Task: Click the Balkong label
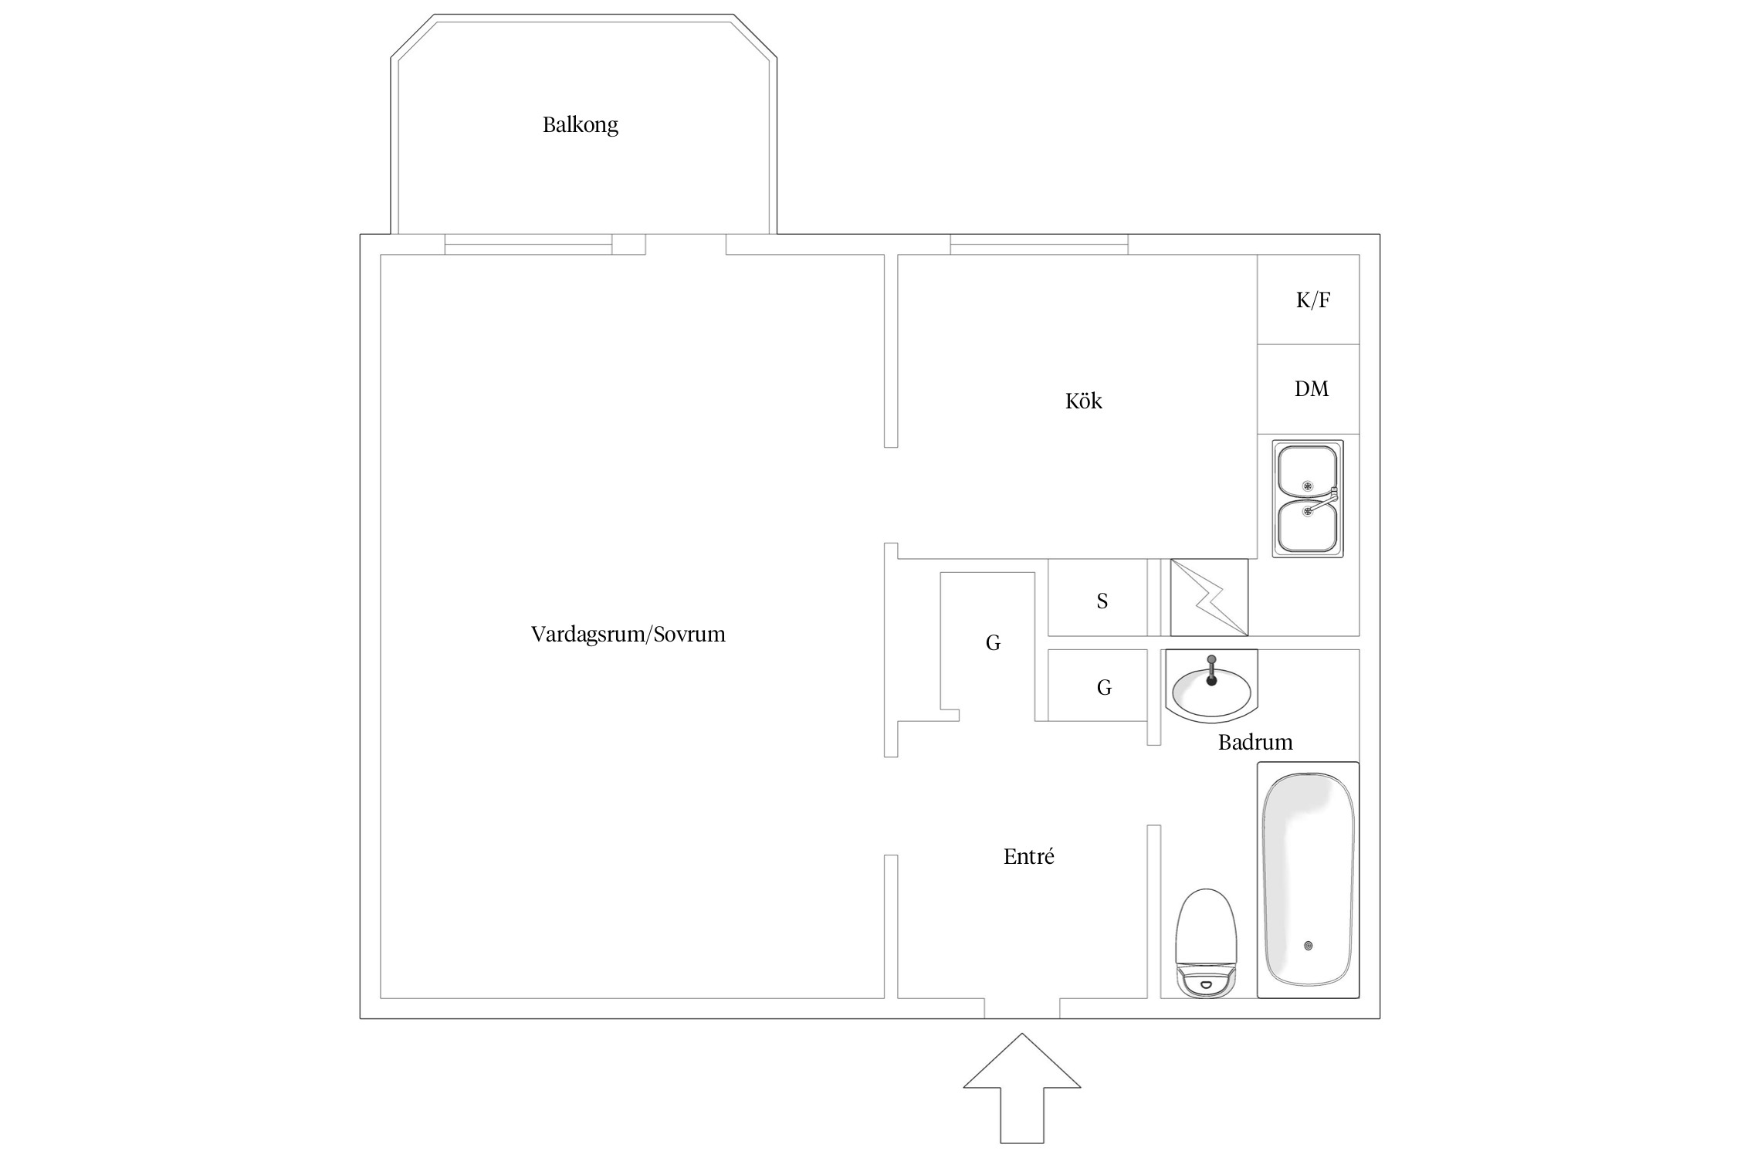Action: coord(581,125)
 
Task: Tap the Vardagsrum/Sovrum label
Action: coord(628,635)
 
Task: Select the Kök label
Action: coord(1084,401)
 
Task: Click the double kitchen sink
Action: coord(1308,499)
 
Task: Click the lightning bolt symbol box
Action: coord(1209,598)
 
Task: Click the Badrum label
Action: coord(1255,743)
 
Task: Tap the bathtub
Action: coord(1309,880)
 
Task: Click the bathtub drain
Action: coord(1308,946)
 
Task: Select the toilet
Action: coord(1206,943)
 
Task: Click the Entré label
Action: coord(1029,857)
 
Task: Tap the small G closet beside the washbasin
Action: coord(1098,686)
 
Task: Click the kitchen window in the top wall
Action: coord(1039,245)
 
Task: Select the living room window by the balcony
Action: coord(529,245)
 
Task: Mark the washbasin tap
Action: coord(1211,669)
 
